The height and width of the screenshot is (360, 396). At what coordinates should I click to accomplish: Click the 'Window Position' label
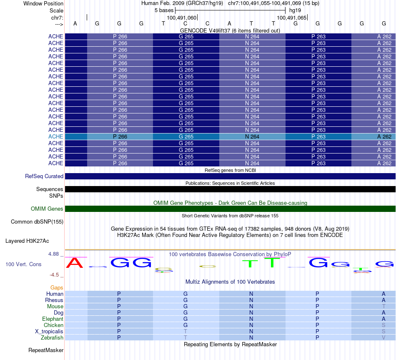43,4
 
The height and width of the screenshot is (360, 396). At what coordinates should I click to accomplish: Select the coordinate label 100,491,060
181,18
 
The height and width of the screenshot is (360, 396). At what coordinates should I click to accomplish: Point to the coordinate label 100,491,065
291,18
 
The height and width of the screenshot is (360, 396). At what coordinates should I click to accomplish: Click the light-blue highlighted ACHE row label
55,136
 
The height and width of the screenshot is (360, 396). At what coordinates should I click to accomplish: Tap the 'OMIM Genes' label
47,209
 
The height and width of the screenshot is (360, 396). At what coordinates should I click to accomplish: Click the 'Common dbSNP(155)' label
37,222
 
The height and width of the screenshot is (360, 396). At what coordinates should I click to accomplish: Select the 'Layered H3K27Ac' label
27,241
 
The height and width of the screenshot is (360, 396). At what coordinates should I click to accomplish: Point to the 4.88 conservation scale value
55,254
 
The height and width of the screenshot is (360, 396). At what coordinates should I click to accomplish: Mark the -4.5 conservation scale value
55,275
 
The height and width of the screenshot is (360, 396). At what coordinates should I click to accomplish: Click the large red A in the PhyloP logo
75,263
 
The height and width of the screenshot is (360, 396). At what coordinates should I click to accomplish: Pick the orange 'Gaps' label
57,288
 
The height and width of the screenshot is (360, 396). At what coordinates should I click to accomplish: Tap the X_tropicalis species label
49,331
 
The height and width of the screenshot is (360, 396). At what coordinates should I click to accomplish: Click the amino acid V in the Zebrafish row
383,337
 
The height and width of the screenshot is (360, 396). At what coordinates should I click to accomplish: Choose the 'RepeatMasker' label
45,350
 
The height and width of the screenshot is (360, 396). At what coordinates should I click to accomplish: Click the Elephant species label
53,319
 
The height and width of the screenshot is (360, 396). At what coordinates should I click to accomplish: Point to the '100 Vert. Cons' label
23,264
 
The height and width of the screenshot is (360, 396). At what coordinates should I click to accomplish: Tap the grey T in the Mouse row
383,306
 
